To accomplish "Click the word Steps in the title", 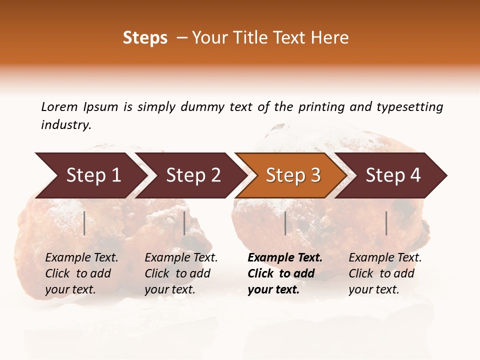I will (145, 38).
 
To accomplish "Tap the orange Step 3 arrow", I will (293, 175).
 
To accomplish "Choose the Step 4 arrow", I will (393, 175).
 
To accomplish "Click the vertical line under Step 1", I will (84, 223).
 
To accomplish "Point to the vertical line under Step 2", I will (184, 223).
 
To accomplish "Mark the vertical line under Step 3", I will (285, 223).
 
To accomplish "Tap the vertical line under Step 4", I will (386, 223).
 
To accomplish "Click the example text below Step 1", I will (81, 273).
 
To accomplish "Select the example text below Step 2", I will (181, 273).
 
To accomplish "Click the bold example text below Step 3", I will (284, 273).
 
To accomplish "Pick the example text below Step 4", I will (384, 273).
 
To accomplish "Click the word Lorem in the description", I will (59, 107).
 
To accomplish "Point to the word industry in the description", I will (66, 125).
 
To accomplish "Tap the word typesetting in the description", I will (409, 107).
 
